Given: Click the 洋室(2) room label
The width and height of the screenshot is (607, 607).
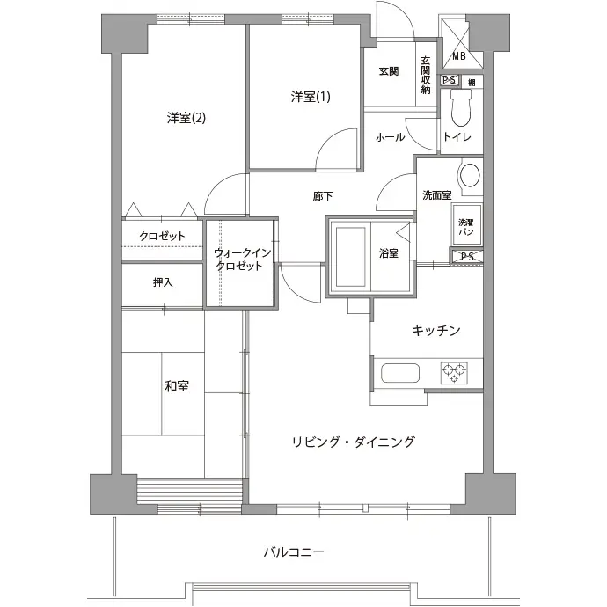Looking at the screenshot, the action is point(186,118).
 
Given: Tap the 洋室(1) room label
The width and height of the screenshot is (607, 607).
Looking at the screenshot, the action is point(311,97).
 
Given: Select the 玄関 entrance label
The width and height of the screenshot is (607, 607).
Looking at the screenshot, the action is point(389,71).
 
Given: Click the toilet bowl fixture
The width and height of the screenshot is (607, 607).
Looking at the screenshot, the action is point(460,108).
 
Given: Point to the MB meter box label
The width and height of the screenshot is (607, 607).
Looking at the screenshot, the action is point(459,56).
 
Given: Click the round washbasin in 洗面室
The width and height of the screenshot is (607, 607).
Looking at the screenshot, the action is point(470,175).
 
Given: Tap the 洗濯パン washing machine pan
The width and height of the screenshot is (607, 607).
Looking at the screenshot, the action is point(466,225).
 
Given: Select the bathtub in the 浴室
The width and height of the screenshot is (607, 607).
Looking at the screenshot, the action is point(351,256).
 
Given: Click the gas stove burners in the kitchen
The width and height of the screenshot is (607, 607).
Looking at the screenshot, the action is point(454,373).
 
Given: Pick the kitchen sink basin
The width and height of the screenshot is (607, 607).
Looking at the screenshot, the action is point(400,373).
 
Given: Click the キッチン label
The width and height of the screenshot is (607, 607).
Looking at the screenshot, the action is point(435,330).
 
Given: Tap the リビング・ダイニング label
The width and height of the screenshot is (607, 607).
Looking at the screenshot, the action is point(354,442).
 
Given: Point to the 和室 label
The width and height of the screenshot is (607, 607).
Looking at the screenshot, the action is point(177,386).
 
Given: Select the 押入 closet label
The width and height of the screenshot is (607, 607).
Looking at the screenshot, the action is point(163,282).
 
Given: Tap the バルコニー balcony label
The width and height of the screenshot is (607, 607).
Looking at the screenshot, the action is point(294,552).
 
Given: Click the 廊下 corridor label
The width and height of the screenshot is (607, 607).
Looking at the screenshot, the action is point(323,196).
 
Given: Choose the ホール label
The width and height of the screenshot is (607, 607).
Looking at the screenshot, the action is point(391,137).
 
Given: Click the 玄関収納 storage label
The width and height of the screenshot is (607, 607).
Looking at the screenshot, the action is point(426,75).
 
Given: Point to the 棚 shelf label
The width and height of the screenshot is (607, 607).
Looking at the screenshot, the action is point(472,82).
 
